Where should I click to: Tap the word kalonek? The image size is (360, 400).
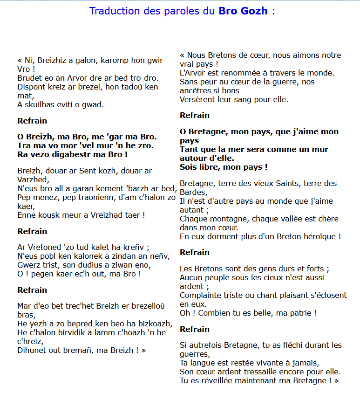pos(80,256)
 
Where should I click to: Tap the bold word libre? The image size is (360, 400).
pos(211,167)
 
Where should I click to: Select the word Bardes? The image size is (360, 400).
pos(193,192)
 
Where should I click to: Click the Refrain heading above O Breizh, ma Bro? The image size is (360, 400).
pos(32,121)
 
